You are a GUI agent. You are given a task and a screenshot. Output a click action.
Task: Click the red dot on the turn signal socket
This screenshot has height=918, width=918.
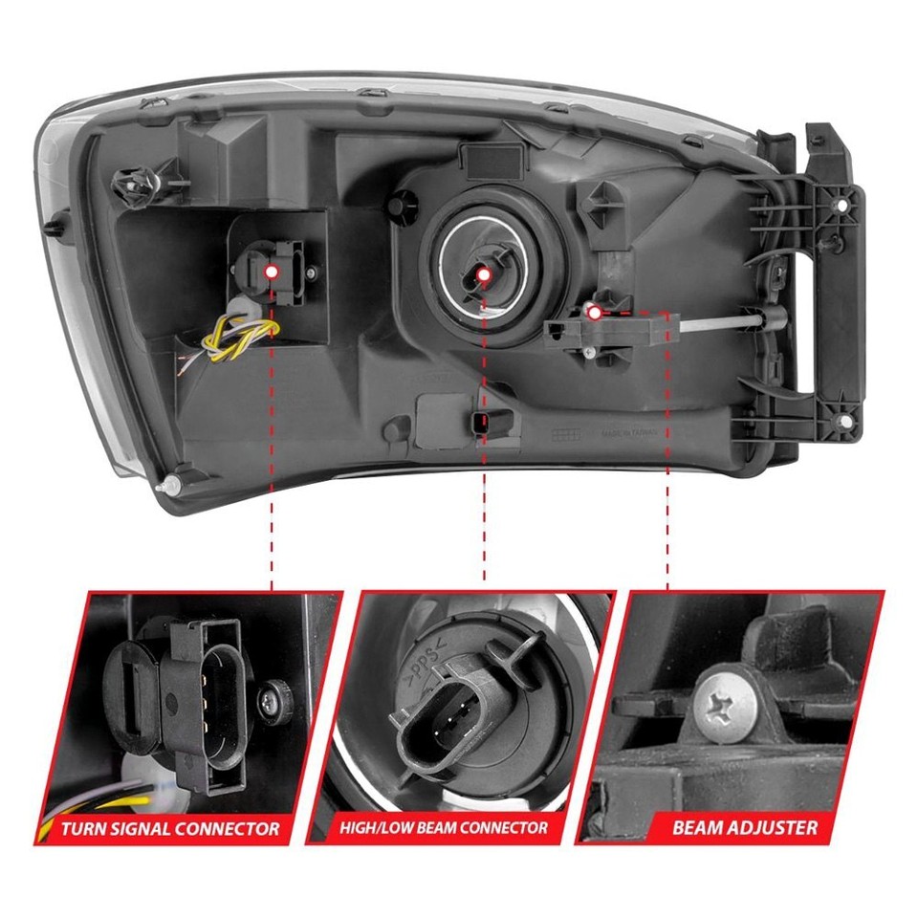point(272,272)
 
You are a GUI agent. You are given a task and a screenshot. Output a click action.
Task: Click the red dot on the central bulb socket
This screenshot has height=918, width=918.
point(483,275)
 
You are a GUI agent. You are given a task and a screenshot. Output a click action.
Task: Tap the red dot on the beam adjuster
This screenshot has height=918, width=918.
point(594,312)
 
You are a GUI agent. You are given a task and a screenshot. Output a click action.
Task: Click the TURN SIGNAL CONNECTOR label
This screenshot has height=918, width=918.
point(170,828)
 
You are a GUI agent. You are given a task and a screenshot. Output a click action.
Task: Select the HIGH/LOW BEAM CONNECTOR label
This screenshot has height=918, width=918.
point(444,828)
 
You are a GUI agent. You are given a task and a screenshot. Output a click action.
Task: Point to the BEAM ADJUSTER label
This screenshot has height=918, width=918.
point(744,828)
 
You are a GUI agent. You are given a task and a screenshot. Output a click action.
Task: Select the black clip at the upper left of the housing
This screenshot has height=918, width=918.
point(128,181)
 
